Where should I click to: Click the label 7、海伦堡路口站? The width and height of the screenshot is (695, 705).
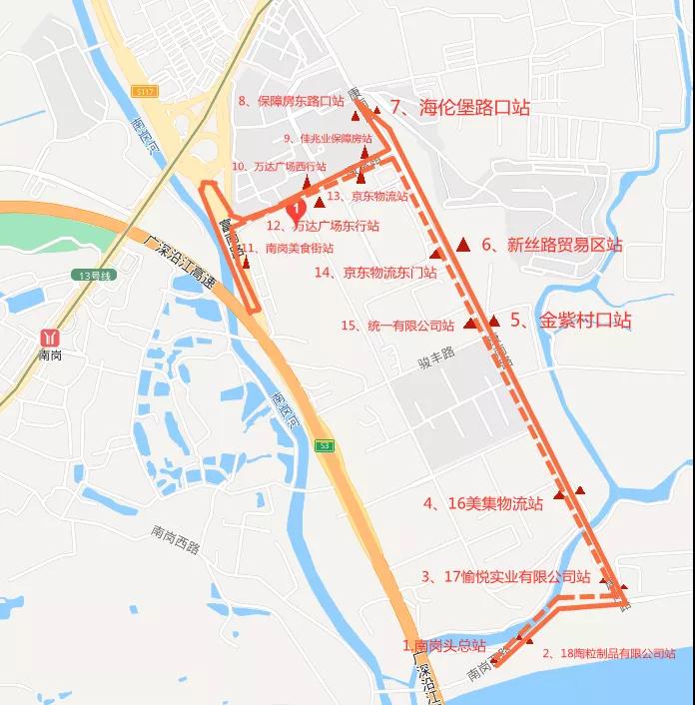coord(460,108)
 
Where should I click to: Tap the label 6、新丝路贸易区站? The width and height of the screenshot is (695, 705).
coord(551,245)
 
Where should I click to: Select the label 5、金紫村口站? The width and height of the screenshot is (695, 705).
coord(571,322)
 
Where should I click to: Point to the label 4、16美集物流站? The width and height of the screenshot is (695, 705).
coord(482,504)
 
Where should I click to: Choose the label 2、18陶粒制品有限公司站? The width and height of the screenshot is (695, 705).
coord(608,654)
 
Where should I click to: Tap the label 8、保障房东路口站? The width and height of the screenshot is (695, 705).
coord(291,101)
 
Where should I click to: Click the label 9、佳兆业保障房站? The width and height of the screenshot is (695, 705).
coord(321,138)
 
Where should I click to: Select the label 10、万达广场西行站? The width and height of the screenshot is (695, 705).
coord(279,167)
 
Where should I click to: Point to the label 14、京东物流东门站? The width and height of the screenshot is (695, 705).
coord(375,272)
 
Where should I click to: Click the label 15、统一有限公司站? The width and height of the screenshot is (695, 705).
coord(397,326)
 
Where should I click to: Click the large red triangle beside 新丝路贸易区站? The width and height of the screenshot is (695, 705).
coord(463,245)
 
